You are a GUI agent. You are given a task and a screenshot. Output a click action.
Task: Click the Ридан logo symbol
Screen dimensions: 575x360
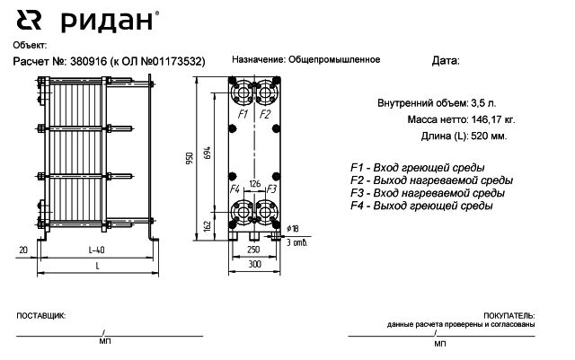(29, 20)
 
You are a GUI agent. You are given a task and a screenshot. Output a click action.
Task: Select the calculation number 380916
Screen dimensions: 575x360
(88, 61)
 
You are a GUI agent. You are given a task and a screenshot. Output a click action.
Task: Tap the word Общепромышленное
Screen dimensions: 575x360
(334, 59)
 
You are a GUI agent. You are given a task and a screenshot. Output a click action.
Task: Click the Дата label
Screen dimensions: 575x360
(446, 60)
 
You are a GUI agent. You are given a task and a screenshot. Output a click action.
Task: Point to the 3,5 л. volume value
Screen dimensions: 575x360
(483, 103)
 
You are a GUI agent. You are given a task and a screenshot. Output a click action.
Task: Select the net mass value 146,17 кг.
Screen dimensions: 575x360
(493, 119)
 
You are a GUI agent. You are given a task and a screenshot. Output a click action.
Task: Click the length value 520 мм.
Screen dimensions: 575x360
(489, 136)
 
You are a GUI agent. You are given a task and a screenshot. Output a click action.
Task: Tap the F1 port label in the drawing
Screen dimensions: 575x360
(243, 114)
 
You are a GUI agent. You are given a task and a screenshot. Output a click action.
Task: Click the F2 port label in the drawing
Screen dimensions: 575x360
(265, 114)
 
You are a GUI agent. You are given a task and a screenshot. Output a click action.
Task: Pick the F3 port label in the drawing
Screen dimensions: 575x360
(271, 189)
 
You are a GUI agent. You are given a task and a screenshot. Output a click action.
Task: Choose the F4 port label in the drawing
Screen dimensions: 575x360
(234, 189)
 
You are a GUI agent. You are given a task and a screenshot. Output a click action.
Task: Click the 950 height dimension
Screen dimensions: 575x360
(190, 158)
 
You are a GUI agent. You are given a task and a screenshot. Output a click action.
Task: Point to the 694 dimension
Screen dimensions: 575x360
(208, 153)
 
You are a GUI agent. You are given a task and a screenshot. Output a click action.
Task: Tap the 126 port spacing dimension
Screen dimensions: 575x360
(254, 184)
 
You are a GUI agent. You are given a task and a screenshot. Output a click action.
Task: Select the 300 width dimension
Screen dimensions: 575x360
(254, 264)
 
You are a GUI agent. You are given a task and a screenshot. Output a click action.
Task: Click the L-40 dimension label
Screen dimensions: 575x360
(97, 250)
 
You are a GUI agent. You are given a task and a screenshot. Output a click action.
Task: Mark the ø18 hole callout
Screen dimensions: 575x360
(293, 229)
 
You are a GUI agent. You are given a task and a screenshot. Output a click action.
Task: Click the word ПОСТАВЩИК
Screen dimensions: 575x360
(40, 316)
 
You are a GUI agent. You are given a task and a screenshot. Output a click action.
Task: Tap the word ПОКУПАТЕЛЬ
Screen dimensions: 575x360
(509, 316)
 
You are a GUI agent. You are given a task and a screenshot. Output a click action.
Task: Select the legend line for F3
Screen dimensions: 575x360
(428, 193)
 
